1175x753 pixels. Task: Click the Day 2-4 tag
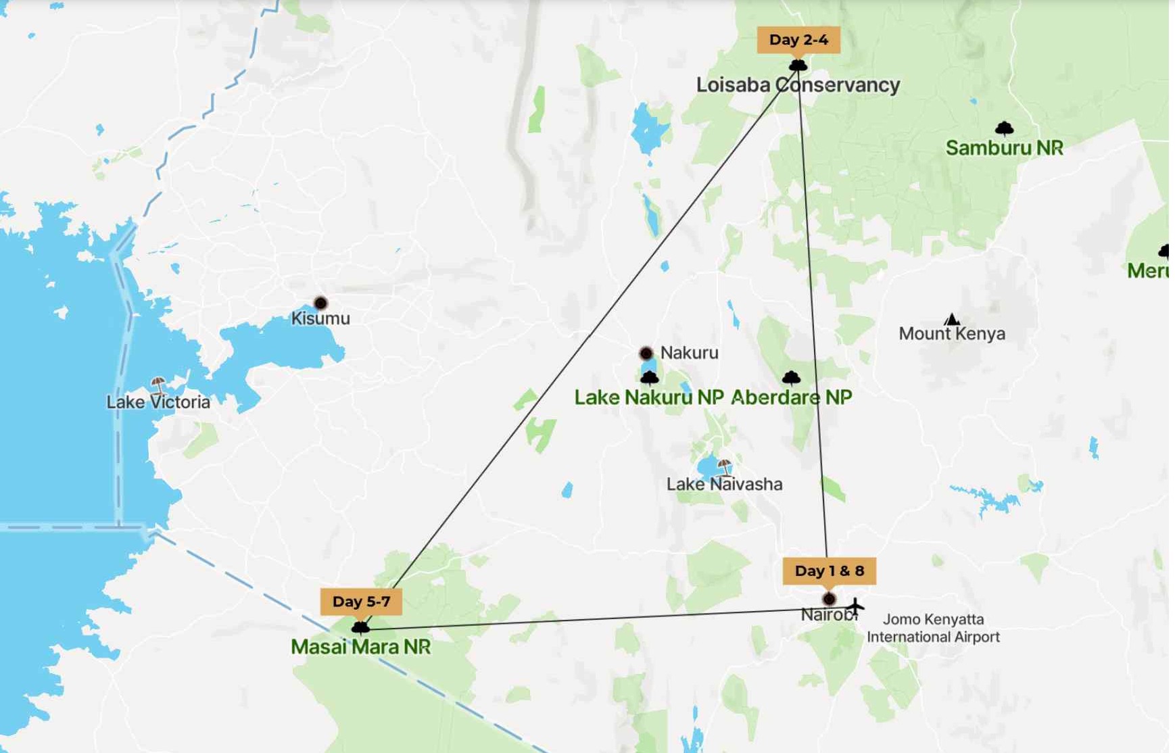[798, 40]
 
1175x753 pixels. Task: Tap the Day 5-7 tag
[361, 602]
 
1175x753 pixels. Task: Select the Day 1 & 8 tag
[829, 570]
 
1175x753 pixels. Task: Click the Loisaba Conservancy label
[798, 85]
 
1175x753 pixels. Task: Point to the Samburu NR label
[1004, 148]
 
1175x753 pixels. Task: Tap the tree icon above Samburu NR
[1004, 128]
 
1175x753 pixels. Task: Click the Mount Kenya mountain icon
[952, 319]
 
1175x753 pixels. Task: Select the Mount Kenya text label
[951, 333]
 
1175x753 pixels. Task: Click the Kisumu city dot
[320, 303]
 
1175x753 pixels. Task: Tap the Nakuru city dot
[646, 353]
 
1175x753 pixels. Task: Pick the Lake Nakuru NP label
[648, 397]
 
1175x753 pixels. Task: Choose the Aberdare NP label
[791, 397]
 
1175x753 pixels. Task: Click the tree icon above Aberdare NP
[791, 377]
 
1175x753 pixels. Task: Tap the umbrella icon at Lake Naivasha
[725, 466]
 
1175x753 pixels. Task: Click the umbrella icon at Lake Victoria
[158, 385]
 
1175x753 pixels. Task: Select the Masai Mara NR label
[360, 647]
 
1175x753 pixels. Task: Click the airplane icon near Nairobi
[855, 606]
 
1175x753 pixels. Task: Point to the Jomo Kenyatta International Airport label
[933, 628]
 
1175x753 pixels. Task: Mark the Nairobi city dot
[829, 599]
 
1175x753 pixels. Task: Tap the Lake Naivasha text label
[724, 484]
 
